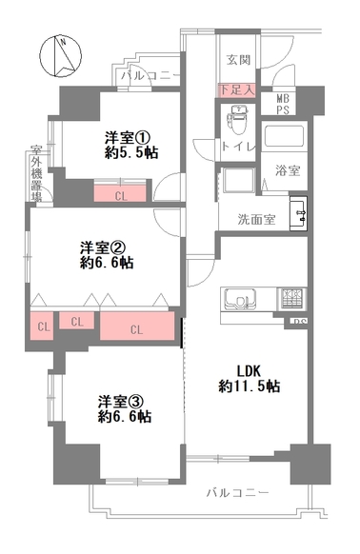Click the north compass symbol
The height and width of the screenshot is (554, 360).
60,56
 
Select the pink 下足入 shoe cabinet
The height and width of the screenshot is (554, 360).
237,90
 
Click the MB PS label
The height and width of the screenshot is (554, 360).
283,104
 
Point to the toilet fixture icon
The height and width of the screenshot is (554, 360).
239,120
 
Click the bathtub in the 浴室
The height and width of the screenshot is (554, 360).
284,135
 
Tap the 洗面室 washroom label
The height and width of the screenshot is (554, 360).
256,219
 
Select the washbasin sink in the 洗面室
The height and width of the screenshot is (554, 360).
298,214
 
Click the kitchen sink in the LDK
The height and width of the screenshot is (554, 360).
239,299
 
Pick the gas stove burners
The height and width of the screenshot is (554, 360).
292,299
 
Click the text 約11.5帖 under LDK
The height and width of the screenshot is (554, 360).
250,386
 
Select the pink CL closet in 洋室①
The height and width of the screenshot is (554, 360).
120,193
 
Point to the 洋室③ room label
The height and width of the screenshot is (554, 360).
121,402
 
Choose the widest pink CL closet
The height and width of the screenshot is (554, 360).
137,326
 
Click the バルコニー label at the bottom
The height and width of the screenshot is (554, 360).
238,492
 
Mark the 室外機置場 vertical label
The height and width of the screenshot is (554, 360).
36,173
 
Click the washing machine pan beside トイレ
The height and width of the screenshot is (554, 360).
238,180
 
